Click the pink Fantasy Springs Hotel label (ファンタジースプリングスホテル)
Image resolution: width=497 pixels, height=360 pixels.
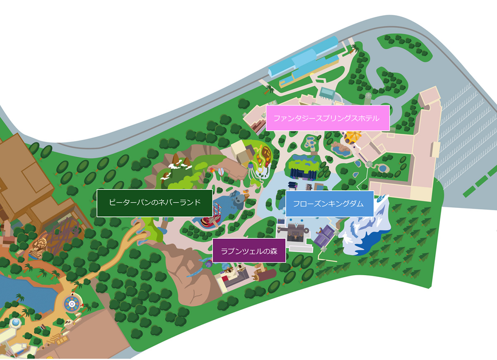327,118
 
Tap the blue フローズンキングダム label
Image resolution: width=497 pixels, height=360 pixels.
329,204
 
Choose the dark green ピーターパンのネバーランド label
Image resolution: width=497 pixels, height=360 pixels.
154,203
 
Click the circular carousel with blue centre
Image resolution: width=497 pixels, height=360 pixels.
72,304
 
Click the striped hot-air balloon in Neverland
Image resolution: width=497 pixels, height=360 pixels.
222,171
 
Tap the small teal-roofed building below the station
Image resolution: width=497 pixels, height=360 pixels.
327,93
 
